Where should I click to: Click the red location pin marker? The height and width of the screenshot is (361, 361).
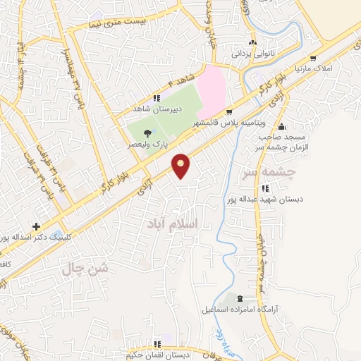[x=182, y=166]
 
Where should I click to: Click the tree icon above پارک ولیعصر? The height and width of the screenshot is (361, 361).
[x=147, y=133]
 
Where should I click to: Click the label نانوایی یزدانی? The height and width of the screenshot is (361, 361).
[x=252, y=53]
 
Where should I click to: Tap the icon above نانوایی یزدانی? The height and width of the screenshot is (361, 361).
[x=252, y=43]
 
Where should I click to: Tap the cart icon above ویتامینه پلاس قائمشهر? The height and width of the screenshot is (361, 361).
[x=229, y=112]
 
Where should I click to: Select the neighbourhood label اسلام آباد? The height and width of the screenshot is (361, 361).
[x=173, y=222]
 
